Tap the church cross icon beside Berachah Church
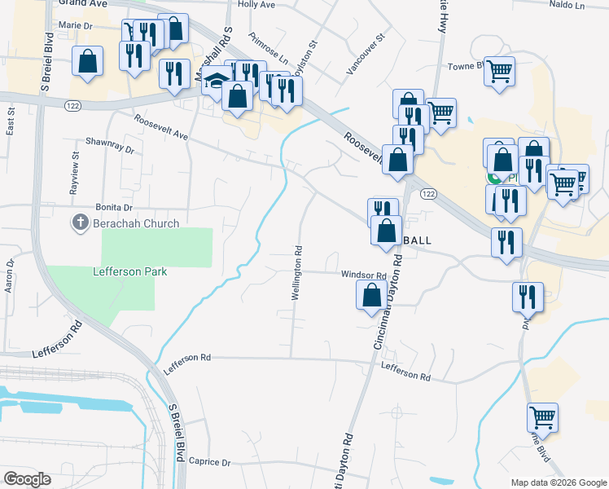tap(81, 223)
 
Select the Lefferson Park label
tap(130, 271)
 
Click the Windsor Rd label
tap(363, 275)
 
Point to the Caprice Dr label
tap(209, 462)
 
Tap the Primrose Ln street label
tap(269, 50)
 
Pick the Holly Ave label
tap(257, 5)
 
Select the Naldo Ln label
tap(567, 6)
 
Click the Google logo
tap(27, 479)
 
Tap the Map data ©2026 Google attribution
tap(558, 482)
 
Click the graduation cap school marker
tap(217, 82)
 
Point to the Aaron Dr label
tap(11, 276)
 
